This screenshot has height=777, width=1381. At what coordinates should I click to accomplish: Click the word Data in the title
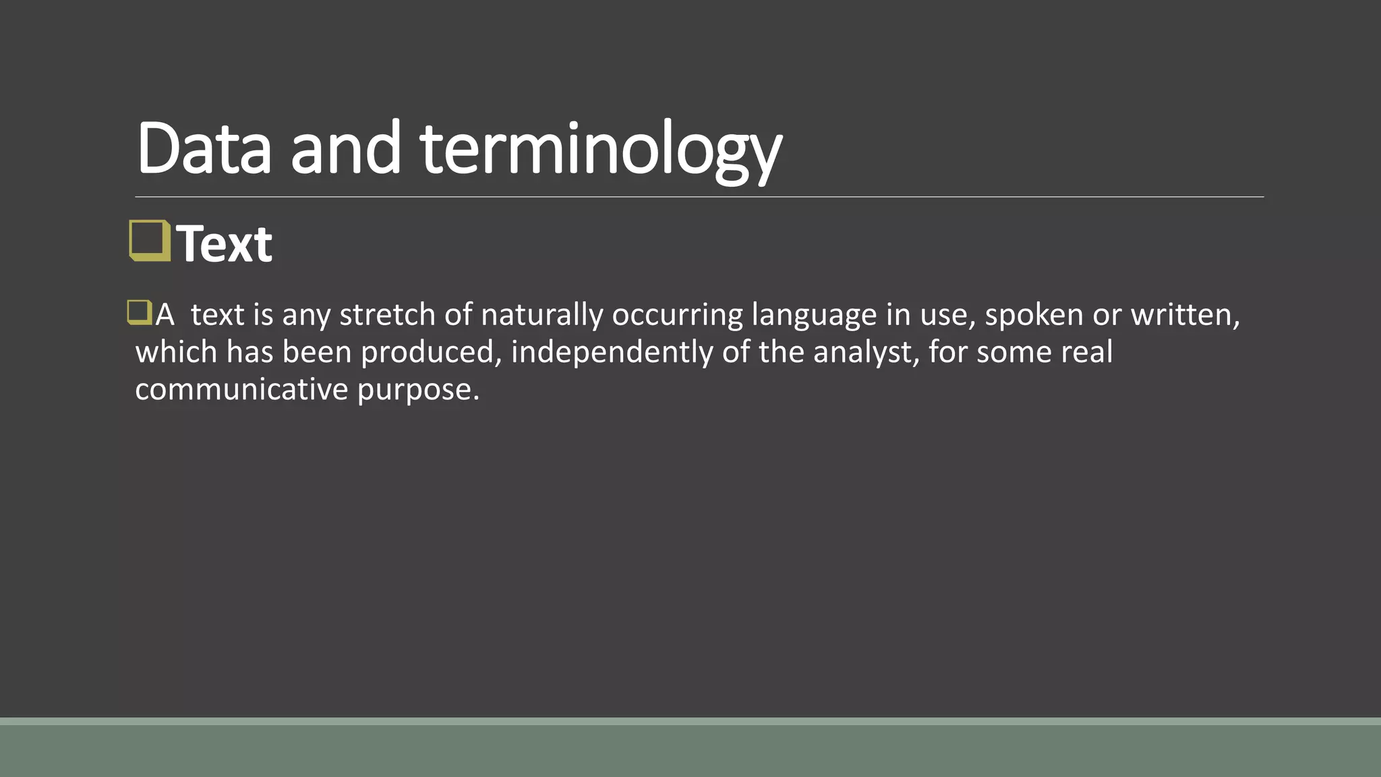click(x=204, y=148)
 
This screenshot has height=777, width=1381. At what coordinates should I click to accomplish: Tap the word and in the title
click(x=345, y=148)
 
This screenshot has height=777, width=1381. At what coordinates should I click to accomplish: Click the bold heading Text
click(x=225, y=243)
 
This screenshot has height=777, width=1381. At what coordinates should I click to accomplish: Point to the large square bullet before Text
click(x=149, y=241)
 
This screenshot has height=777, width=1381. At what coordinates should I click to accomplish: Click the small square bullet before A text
click(x=139, y=313)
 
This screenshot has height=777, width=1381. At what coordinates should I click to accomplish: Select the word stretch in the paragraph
click(x=387, y=315)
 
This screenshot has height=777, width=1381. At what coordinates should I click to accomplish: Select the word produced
click(x=430, y=352)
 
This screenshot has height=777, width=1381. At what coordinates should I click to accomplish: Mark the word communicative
click(x=241, y=389)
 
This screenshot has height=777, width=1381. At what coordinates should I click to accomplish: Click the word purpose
click(x=417, y=389)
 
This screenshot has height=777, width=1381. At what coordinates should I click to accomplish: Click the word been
click(x=317, y=352)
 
